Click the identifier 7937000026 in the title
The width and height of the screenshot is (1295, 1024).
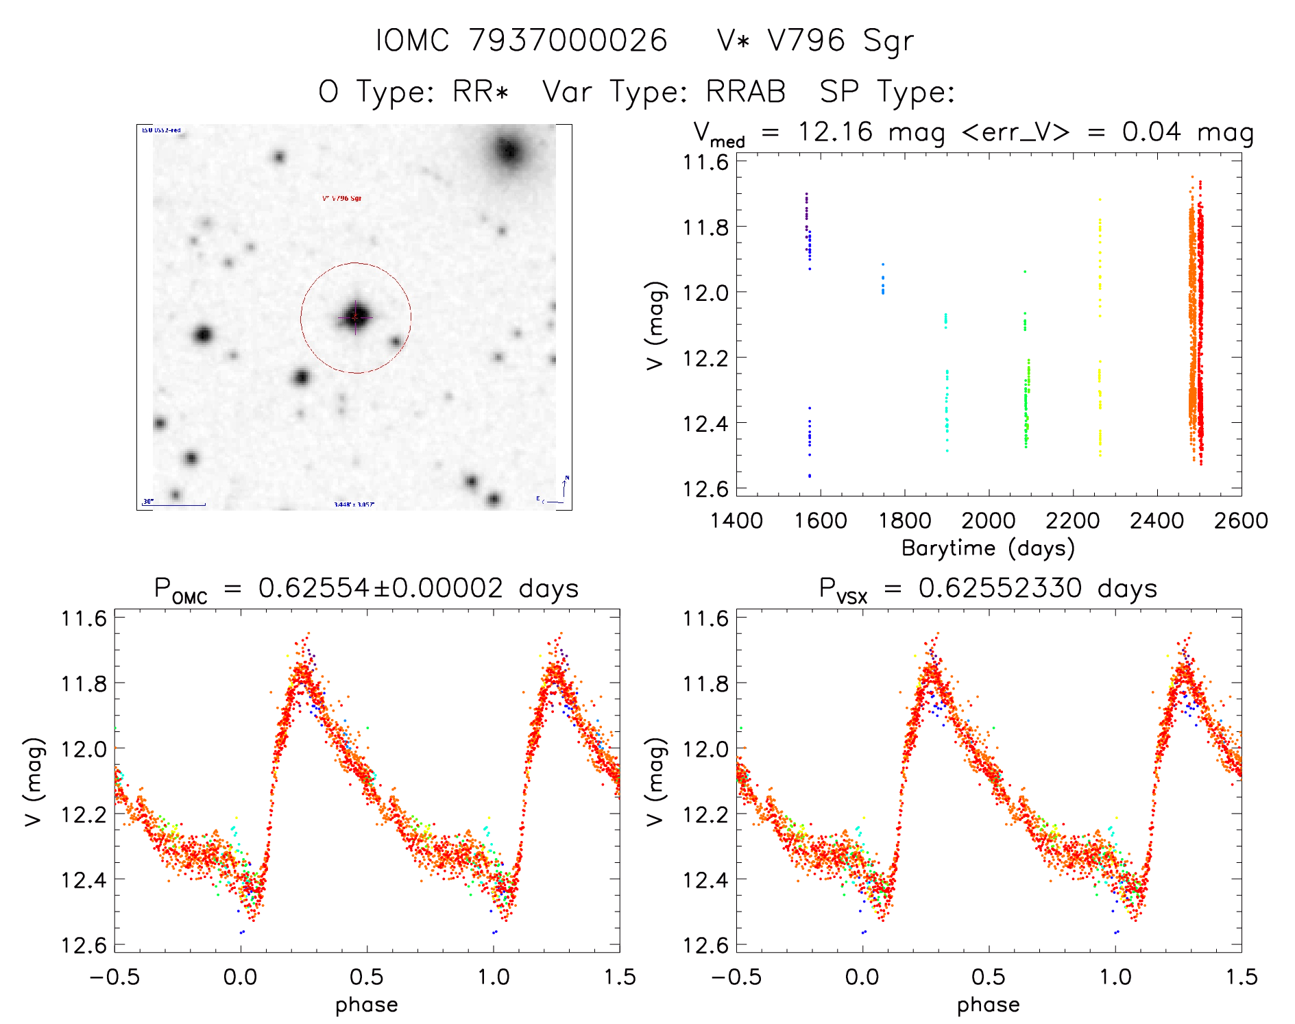568,40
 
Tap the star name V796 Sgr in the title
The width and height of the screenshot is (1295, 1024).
840,40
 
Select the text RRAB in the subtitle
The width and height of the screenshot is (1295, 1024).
745,92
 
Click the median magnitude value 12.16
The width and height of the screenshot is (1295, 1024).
835,132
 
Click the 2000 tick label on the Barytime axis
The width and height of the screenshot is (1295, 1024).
989,521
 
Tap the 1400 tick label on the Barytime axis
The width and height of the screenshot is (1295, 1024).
736,521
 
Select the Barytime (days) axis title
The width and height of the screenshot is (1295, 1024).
988,548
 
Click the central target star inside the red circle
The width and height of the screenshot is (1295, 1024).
355,317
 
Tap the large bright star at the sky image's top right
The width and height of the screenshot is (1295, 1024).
509,149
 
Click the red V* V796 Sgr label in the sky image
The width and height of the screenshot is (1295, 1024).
341,198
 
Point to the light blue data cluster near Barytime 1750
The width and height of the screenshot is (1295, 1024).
883,281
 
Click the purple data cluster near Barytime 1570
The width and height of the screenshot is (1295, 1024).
807,209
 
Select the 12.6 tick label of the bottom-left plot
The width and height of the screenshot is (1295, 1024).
84,945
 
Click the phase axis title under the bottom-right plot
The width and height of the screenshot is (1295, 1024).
988,1005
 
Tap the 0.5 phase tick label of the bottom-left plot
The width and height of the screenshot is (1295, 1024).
367,977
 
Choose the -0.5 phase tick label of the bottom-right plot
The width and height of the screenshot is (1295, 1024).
736,977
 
